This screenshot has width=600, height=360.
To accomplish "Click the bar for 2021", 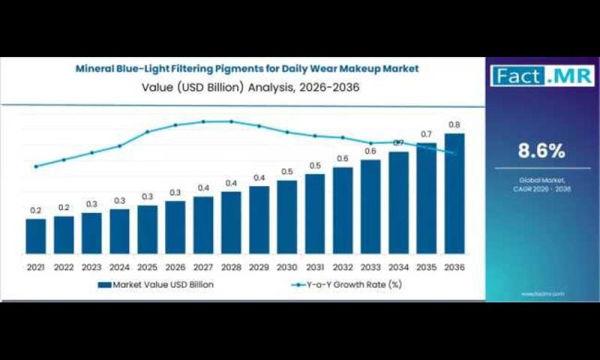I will coord(35,235).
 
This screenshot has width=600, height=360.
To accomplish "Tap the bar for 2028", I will coord(231,222).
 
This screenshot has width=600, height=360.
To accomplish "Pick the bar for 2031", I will coord(315,213).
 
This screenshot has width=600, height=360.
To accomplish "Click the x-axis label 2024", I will coord(119,267).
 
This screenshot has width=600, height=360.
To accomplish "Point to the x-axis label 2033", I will coord(370,267).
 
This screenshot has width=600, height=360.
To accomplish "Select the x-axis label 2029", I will coord(259,267).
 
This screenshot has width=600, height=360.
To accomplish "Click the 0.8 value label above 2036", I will coord(454,124).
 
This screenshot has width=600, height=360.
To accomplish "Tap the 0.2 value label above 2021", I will coord(35,211).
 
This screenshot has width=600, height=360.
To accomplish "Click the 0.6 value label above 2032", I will coord(343,158).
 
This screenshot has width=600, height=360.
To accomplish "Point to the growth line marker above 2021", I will coord(35,166).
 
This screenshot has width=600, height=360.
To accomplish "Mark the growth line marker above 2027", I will coord(203,121).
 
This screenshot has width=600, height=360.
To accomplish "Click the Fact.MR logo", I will coord(542,75).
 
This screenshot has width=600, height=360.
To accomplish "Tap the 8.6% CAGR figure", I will coord(541,151).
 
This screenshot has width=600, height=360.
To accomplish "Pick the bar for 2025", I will coord(147,229).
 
